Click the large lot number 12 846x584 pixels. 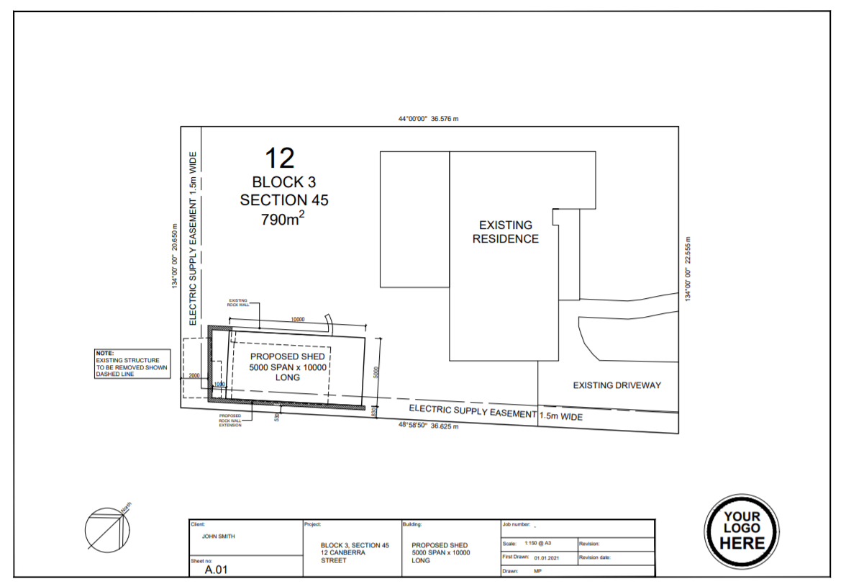(x=280, y=158)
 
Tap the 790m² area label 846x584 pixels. (x=283, y=219)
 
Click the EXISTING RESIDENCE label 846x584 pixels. (x=505, y=232)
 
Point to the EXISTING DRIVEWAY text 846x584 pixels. (x=617, y=385)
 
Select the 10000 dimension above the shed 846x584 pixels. (x=298, y=319)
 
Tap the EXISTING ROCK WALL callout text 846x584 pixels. (x=238, y=302)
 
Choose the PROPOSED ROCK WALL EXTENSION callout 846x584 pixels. (x=230, y=421)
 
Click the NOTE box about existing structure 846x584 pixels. (x=132, y=364)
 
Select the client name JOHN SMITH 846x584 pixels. (x=218, y=536)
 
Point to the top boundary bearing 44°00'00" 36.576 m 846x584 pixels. (x=428, y=119)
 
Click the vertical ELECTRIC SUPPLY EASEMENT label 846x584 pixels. (x=193, y=238)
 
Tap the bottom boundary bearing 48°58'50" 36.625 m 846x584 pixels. (x=429, y=426)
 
